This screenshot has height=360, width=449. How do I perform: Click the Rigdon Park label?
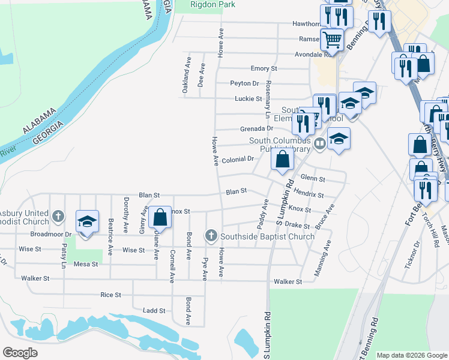(x=212, y=4)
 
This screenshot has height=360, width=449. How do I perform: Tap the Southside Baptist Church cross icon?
(x=211, y=236)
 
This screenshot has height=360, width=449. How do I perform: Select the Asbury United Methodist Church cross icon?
(x=58, y=215)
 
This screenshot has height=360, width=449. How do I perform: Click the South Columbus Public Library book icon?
(x=320, y=143)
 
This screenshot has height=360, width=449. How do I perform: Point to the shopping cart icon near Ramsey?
(x=332, y=40)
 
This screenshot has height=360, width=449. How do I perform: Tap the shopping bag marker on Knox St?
(x=160, y=217)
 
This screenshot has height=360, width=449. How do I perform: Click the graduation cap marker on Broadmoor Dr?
(x=87, y=221)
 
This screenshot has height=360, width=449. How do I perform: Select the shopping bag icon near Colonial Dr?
(x=282, y=160)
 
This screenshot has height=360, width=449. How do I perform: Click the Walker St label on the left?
(x=35, y=278)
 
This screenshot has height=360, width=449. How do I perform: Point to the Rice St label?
(x=110, y=295)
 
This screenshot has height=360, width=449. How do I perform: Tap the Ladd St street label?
(x=154, y=310)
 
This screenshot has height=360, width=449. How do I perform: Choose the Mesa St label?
(x=85, y=263)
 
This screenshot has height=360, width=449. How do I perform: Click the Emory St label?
(x=264, y=69)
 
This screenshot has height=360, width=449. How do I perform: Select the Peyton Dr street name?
(x=244, y=83)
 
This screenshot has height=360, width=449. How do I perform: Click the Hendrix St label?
(x=309, y=196)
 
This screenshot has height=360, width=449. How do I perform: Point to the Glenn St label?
(x=313, y=179)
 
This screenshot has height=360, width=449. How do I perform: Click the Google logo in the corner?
(x=20, y=353)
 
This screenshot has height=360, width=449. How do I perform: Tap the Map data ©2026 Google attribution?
(x=411, y=355)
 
